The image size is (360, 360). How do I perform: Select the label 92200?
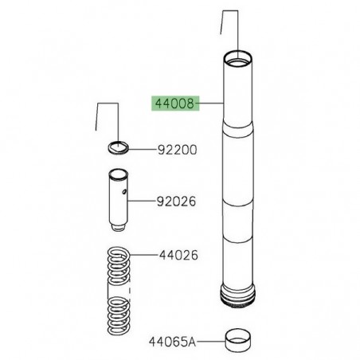point(180,148)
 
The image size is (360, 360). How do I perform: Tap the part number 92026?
point(180,203)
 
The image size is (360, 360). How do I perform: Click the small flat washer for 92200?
point(118,147)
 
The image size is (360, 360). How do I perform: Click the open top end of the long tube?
point(237,57)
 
